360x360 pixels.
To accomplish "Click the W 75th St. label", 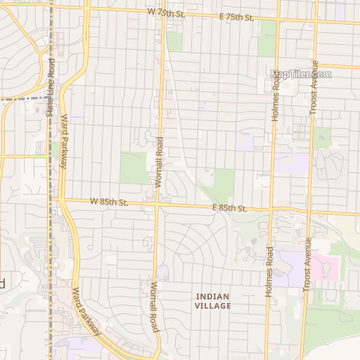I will tap(166, 12).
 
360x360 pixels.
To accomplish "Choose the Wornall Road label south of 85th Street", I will tap(154, 307).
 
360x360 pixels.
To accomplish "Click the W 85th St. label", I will tap(108, 202).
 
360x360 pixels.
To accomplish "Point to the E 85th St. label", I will tap(229, 208).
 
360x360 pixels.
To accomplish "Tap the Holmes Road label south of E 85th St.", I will tap(269, 272).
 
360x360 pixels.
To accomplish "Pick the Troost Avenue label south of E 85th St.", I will tap(307, 264).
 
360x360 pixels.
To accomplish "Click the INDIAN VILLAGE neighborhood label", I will tap(212, 302).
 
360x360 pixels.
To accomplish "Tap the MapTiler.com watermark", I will tap(300, 74).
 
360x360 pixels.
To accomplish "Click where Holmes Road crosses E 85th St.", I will tap(271, 210).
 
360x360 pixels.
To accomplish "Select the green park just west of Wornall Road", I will tap(134, 167).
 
